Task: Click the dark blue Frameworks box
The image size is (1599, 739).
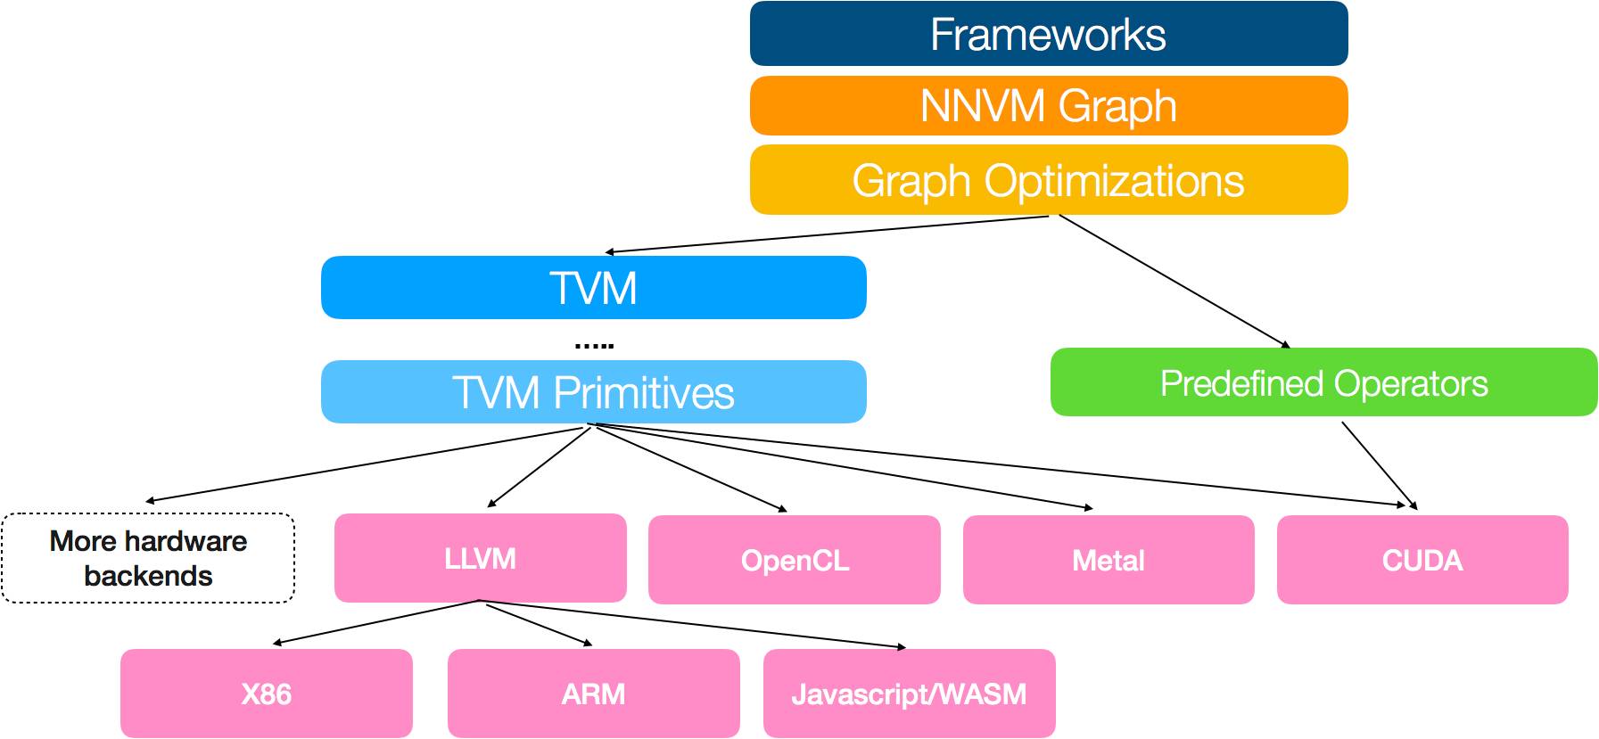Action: (x=1049, y=34)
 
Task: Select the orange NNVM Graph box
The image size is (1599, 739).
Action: (x=1049, y=106)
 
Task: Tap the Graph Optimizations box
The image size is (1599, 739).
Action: (x=1049, y=180)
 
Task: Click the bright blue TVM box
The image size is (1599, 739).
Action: (x=594, y=288)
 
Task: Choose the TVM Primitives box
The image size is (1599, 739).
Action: (x=594, y=392)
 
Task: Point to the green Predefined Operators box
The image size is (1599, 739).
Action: (x=1324, y=382)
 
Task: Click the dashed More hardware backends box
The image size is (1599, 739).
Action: (x=148, y=558)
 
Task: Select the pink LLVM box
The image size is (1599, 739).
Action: (x=481, y=558)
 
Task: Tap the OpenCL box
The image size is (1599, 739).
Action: (x=795, y=560)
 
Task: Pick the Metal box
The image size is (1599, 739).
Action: (x=1109, y=560)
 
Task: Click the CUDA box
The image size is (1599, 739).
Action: (x=1422, y=560)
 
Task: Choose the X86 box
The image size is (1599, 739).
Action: (x=267, y=694)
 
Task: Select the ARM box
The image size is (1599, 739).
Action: (x=594, y=694)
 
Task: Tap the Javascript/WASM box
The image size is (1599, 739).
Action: (x=910, y=694)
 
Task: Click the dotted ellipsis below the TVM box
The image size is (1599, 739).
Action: (x=594, y=345)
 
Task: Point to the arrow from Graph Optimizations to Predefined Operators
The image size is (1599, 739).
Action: (x=1175, y=281)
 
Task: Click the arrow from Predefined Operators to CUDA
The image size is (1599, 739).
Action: (x=1380, y=465)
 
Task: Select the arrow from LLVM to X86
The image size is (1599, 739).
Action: (x=376, y=622)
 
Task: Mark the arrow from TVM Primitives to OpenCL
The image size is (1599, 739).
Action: (x=691, y=469)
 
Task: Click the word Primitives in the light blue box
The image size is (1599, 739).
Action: (x=644, y=393)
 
